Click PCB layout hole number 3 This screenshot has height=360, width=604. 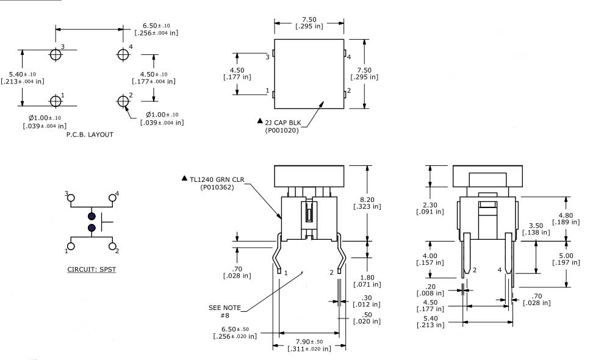point(56,54)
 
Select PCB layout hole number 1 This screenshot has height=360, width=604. point(56,99)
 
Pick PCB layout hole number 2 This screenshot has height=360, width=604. point(122,100)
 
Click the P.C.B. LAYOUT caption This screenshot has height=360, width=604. point(90,135)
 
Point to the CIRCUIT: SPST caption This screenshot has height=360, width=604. point(91,268)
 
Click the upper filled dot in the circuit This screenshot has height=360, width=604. point(92,217)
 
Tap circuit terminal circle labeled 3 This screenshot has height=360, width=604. point(71,198)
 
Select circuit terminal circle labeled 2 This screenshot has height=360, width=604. point(112,246)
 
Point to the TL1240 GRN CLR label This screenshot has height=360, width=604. point(217,179)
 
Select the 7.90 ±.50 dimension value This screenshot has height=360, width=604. point(310,341)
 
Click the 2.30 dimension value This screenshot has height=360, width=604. point(430,204)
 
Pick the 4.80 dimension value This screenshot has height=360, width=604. point(565,215)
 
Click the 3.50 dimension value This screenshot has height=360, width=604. point(537,225)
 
